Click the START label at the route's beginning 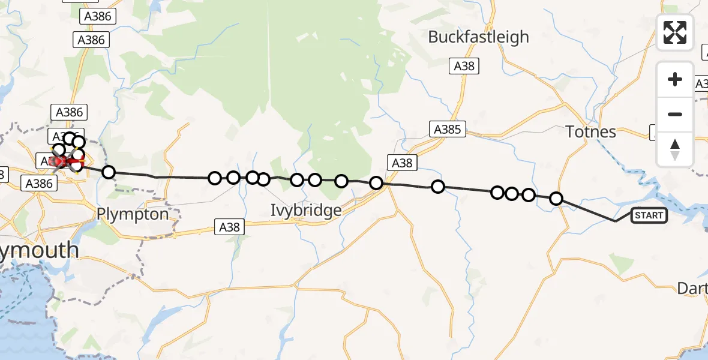pyautogui.click(x=649, y=215)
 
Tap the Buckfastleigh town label pyautogui.click(x=478, y=37)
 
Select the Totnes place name pyautogui.click(x=591, y=132)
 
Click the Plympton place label pyautogui.click(x=133, y=214)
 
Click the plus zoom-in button pyautogui.click(x=675, y=80)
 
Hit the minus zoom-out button pyautogui.click(x=675, y=114)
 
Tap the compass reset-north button pyautogui.click(x=675, y=149)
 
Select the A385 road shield pyautogui.click(x=446, y=129)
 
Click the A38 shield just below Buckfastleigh pyautogui.click(x=464, y=67)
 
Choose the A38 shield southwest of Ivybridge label pyautogui.click(x=229, y=227)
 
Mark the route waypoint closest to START pyautogui.click(x=556, y=199)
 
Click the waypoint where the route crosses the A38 pyautogui.click(x=376, y=183)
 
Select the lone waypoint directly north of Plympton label pyautogui.click(x=108, y=173)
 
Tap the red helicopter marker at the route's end pyautogui.click(x=61, y=161)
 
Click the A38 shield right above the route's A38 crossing pyautogui.click(x=401, y=163)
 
